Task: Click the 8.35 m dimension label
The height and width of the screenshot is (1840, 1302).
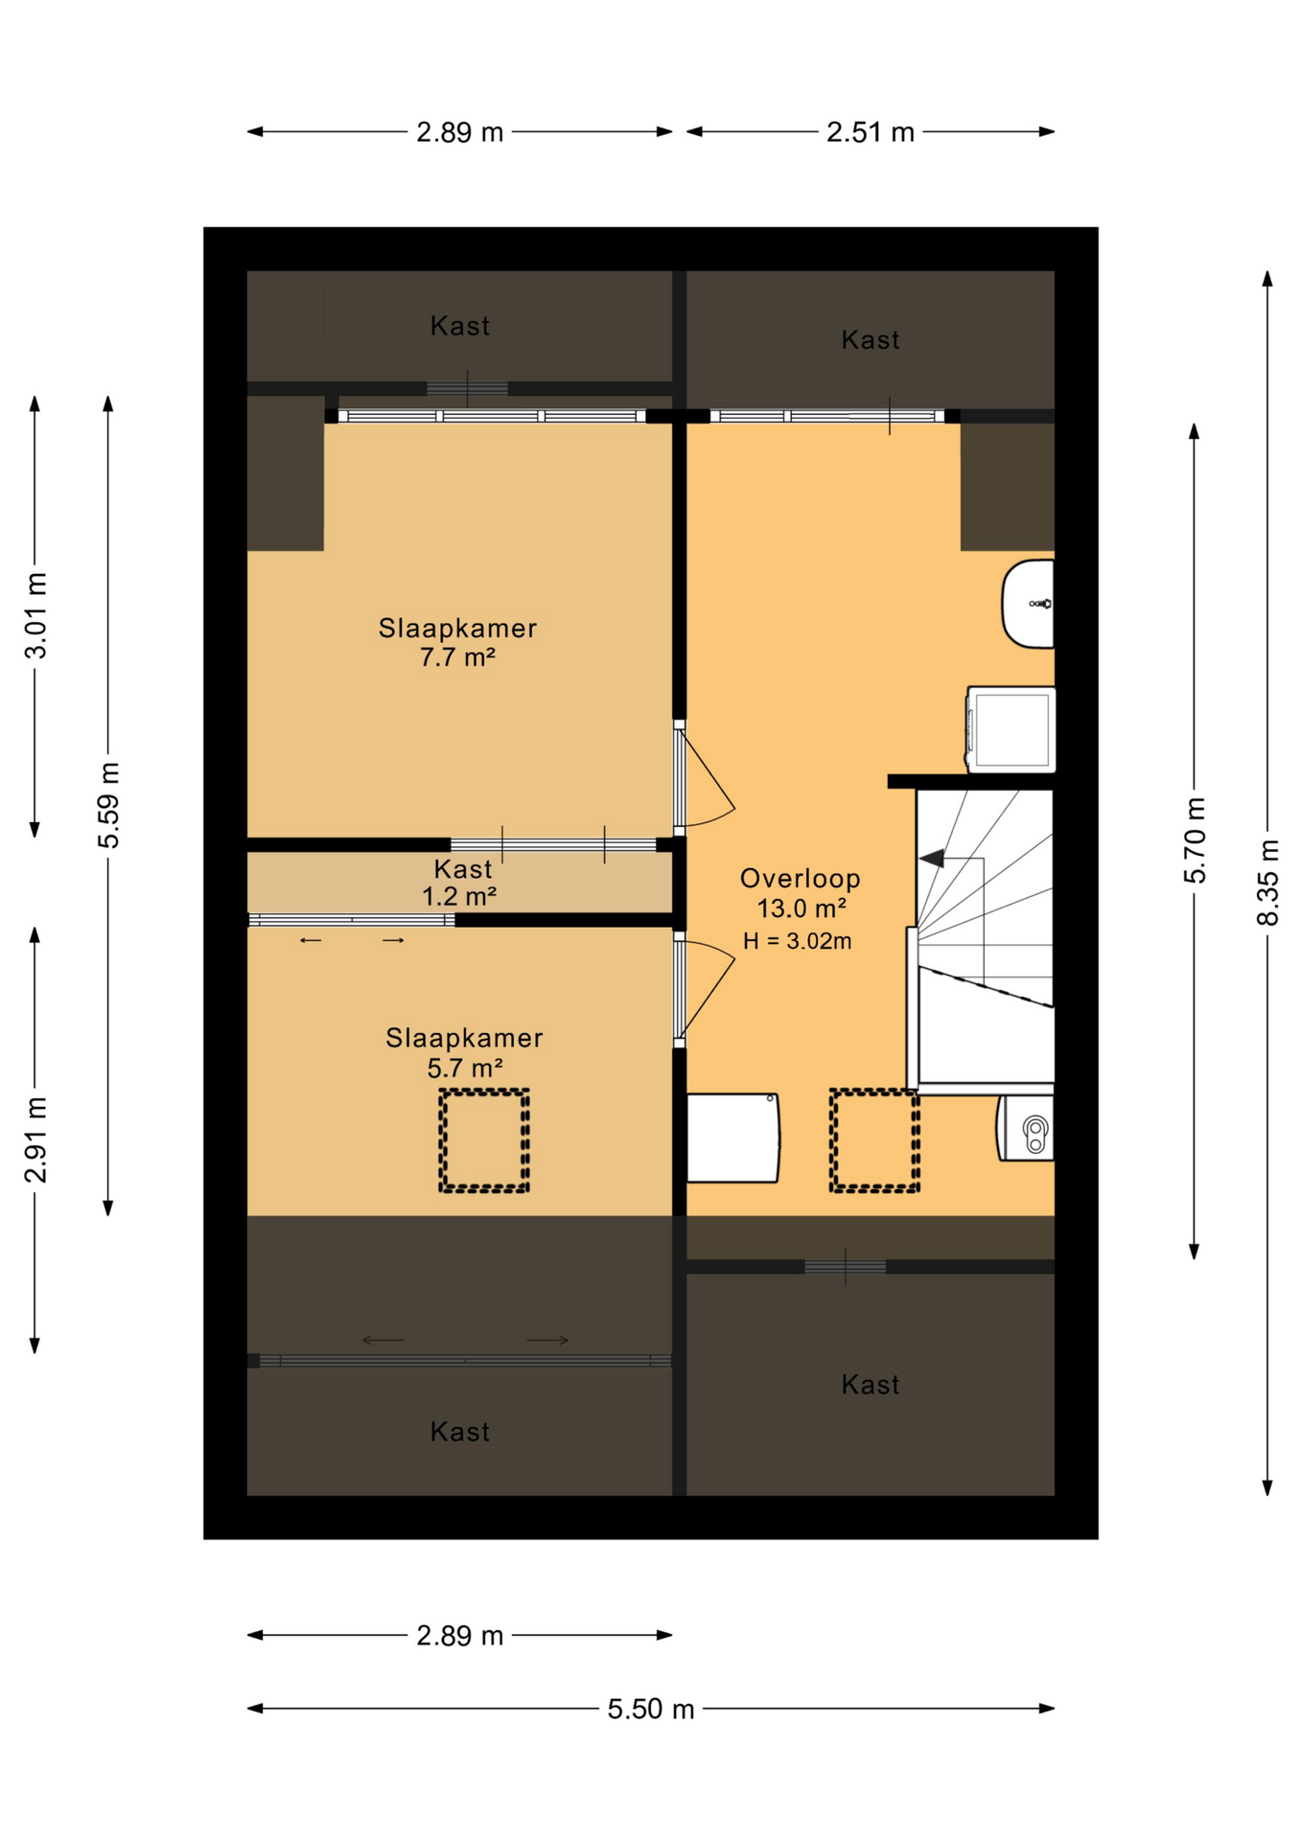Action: pyautogui.click(x=1267, y=883)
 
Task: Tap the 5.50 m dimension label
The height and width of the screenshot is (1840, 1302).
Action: pyautogui.click(x=650, y=1709)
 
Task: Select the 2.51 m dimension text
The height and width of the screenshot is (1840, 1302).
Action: pyautogui.click(x=871, y=132)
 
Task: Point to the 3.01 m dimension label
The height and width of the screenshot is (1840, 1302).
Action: pyautogui.click(x=35, y=616)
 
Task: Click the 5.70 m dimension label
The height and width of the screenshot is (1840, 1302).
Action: pyautogui.click(x=1195, y=840)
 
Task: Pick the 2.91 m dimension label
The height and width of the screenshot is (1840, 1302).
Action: pyautogui.click(x=35, y=1139)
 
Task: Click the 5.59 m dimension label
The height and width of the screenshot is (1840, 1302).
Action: pyautogui.click(x=108, y=805)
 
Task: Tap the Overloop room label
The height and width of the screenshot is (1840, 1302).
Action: pyautogui.click(x=801, y=878)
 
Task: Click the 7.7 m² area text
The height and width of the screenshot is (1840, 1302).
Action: pyautogui.click(x=457, y=657)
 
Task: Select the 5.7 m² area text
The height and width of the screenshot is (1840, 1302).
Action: pyautogui.click(x=465, y=1068)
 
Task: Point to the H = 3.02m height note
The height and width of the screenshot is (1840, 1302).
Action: pyautogui.click(x=798, y=941)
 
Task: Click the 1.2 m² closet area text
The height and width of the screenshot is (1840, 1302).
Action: pyautogui.click(x=459, y=897)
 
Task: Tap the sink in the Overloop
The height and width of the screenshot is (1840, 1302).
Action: pyautogui.click(x=1028, y=604)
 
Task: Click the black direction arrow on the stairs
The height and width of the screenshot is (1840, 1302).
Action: pyautogui.click(x=931, y=858)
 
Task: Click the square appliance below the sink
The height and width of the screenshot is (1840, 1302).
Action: pyautogui.click(x=1011, y=729)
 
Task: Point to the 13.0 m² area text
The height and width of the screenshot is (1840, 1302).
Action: pyautogui.click(x=802, y=908)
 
